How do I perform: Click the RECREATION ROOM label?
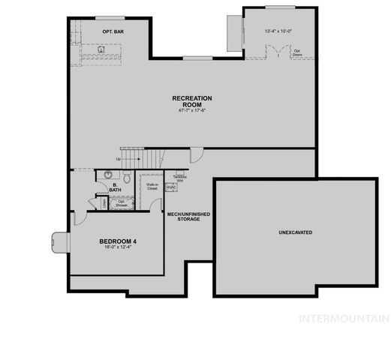point(192,101)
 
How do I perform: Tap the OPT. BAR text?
point(113,31)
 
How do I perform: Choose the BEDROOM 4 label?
point(118,241)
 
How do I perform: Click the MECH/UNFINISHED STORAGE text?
point(188,217)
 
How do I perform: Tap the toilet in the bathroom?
point(128,179)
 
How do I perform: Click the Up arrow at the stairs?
point(119,159)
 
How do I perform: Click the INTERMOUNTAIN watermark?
point(344,317)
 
